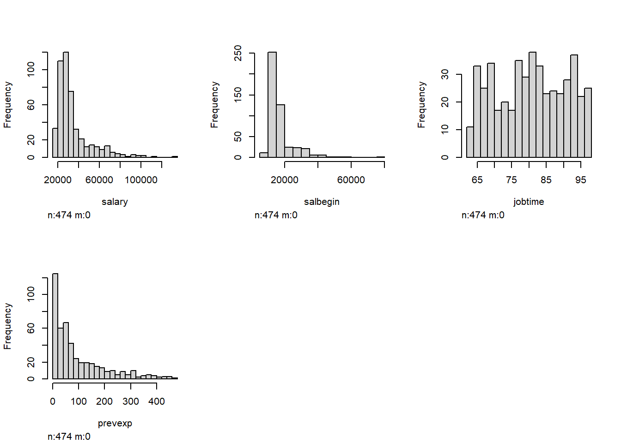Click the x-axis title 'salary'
click(115, 202)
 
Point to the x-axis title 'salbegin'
click(322, 202)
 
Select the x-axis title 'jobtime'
click(529, 202)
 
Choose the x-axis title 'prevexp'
click(115, 423)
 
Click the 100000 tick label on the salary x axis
click(141, 180)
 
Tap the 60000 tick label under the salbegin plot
click(351, 180)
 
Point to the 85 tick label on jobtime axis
click(546, 180)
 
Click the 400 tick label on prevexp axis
click(157, 401)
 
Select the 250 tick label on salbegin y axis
click(238, 53)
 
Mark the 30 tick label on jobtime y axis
click(445, 74)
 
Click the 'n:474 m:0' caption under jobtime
click(483, 215)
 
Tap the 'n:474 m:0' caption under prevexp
click(69, 437)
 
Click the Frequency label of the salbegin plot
click(214, 105)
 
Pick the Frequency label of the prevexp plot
click(7, 326)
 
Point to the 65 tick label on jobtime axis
click(477, 180)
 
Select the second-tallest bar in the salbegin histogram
click(280, 131)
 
